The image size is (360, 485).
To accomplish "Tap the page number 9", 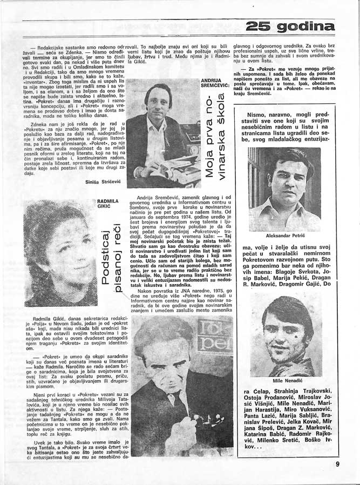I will point(337,462).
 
